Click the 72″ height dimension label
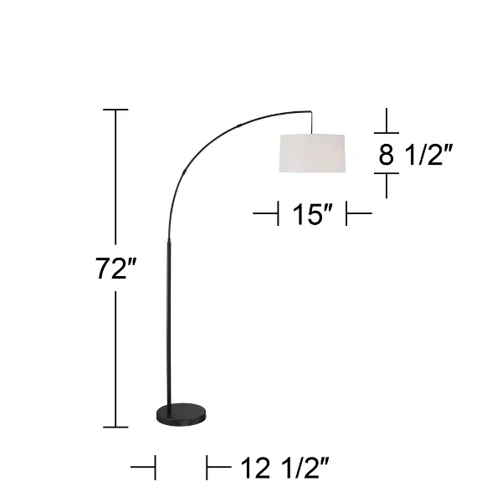click(x=115, y=270)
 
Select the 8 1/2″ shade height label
click(x=417, y=155)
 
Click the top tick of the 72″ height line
click(x=115, y=110)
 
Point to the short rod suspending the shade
click(x=312, y=122)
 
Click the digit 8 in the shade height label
click(x=386, y=156)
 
